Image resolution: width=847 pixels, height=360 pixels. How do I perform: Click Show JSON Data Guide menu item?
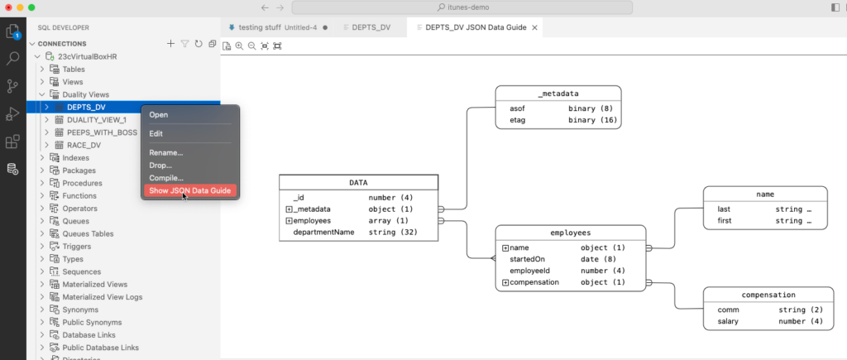[189, 191]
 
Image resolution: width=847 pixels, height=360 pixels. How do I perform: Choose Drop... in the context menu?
[160, 166]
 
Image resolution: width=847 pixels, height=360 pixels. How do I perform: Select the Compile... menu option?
[166, 178]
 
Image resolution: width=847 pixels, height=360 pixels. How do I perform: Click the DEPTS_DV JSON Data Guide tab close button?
[535, 27]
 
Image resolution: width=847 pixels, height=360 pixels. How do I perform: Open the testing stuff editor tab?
[259, 27]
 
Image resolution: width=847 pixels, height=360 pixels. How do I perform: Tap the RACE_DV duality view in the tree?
[84, 146]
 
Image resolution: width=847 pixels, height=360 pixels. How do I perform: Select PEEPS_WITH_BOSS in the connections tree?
[102, 132]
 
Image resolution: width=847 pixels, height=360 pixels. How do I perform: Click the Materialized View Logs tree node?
[102, 297]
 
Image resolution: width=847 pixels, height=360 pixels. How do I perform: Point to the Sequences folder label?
[82, 271]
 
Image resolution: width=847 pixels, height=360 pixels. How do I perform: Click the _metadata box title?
[558, 94]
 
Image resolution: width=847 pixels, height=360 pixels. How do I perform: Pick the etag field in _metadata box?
[518, 120]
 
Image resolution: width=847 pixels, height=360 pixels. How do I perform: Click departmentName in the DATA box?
[323, 233]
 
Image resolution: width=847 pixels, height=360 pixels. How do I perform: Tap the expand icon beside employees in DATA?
[289, 220]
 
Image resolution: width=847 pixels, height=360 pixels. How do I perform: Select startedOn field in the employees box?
[527, 260]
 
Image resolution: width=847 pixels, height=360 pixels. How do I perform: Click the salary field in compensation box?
[728, 322]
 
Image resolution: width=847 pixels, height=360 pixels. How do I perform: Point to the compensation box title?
[768, 295]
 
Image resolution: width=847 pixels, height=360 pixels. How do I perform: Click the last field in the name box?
[724, 209]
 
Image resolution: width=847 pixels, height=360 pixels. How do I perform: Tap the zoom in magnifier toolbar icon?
[239, 46]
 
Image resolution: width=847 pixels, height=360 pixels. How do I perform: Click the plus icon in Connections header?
[170, 44]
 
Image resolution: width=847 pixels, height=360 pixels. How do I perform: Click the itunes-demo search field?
[462, 7]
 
